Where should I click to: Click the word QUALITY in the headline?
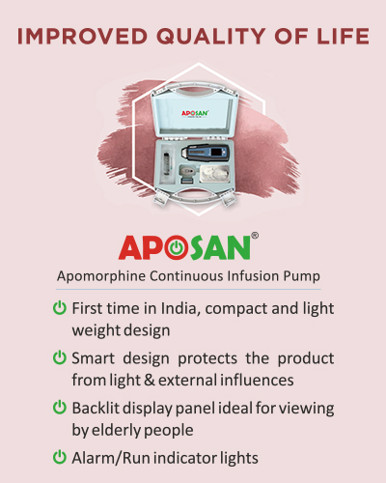(211, 36)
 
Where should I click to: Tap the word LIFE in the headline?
(343, 36)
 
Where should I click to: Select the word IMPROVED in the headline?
(82, 36)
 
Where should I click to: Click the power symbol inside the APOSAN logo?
(177, 248)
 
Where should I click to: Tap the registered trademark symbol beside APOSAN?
(254, 236)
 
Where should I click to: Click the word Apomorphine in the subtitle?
(101, 276)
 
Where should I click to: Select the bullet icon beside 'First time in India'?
(60, 308)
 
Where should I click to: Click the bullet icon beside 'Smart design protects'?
(60, 357)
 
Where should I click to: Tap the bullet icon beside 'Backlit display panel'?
(60, 408)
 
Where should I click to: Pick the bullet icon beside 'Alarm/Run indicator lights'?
(60, 457)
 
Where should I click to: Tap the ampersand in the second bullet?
(150, 380)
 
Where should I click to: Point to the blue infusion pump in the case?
(206, 154)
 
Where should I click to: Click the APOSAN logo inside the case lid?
(195, 113)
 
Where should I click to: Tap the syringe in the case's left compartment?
(167, 163)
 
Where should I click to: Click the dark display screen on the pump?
(217, 152)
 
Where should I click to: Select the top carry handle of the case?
(196, 89)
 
